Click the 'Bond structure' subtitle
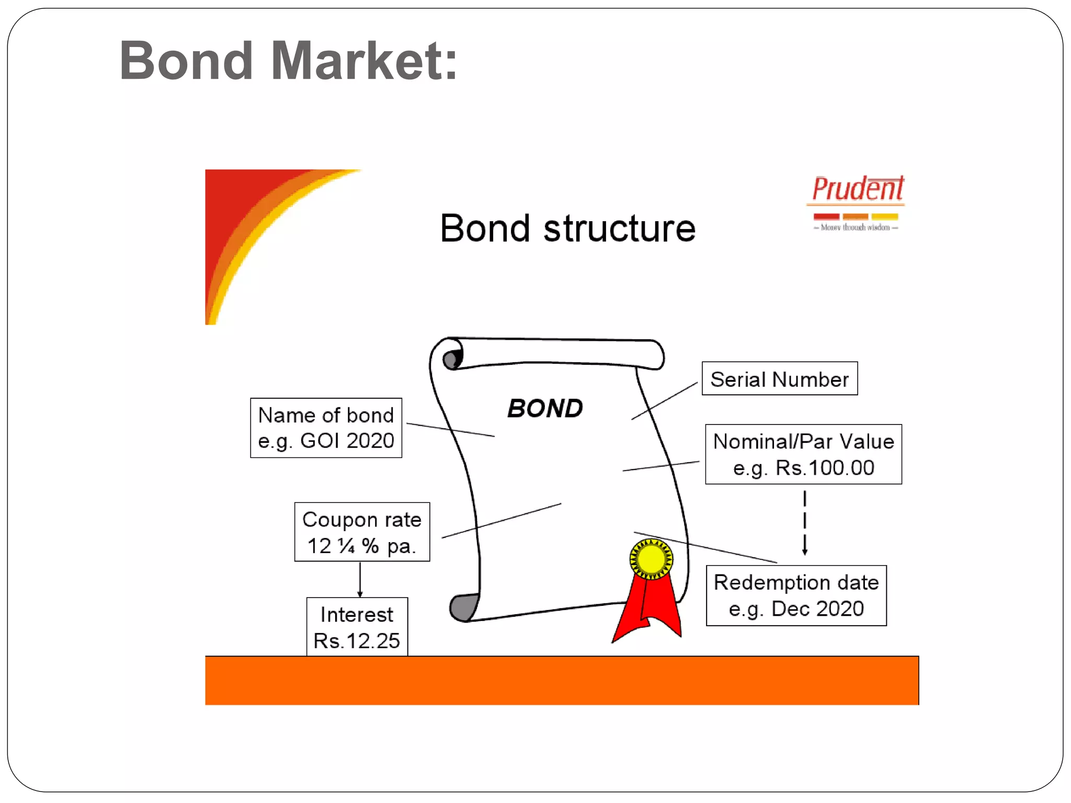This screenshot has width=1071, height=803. (x=567, y=228)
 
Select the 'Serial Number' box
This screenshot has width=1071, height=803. (x=779, y=378)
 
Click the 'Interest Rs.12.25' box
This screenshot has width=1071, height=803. (x=357, y=627)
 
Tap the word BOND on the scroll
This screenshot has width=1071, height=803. (x=545, y=408)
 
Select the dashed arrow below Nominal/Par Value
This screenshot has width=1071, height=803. (x=805, y=523)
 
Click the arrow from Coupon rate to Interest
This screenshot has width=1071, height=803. (x=360, y=579)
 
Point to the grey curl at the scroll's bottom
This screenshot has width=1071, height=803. (x=462, y=607)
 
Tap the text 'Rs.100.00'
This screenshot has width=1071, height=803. (x=824, y=468)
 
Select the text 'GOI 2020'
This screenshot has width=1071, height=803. (x=347, y=441)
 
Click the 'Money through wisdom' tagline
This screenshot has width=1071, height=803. (x=856, y=227)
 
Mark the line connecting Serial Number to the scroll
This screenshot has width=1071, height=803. (x=664, y=401)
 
